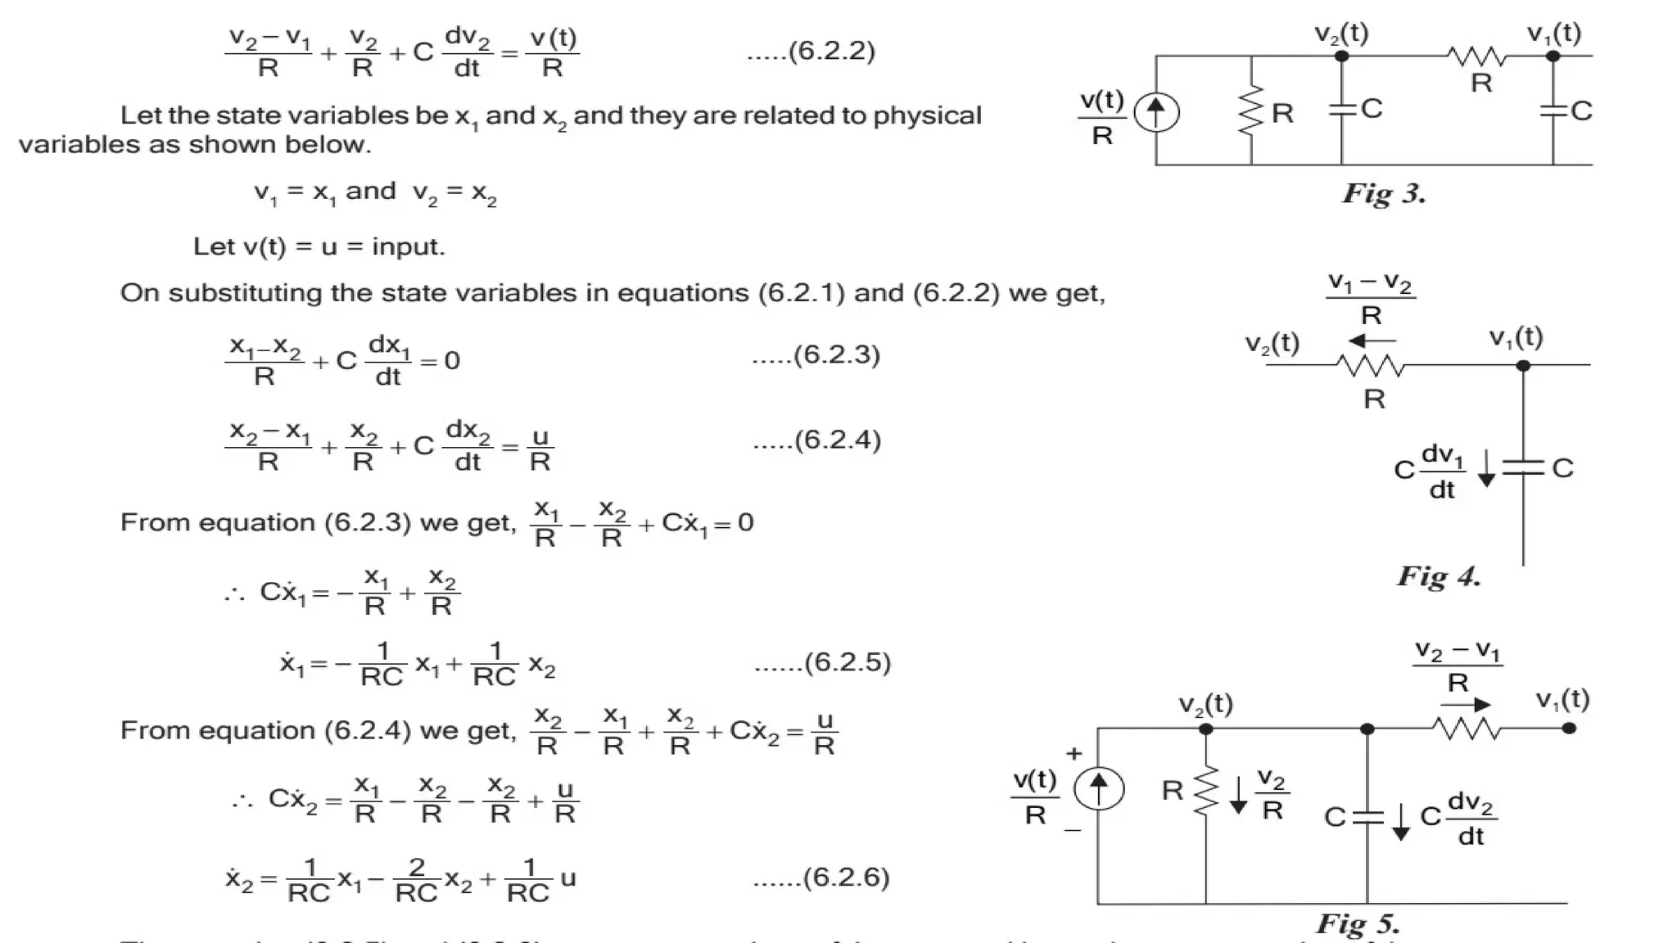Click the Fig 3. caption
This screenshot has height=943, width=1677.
pos(1384,194)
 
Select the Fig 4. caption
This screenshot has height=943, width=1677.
pos(1439,576)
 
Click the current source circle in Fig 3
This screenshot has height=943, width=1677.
pos(1155,113)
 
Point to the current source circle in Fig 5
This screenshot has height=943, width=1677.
pos(1098,788)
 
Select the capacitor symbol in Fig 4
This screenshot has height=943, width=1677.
pos(1523,467)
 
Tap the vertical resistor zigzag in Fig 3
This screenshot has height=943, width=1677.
pos(1251,111)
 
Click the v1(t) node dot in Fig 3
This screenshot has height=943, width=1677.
pos(1553,56)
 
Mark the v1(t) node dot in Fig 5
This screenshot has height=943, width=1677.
pos(1569,728)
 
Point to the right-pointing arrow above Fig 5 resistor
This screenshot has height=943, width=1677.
pos(1466,704)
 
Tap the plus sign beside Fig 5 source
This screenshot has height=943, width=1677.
pos(1074,753)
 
